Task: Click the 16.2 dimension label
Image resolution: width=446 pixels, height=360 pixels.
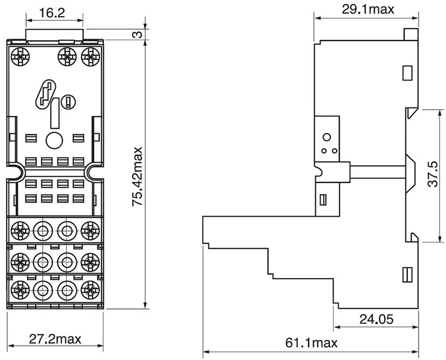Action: click(x=52, y=13)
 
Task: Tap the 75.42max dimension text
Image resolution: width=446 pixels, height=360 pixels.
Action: click(x=137, y=176)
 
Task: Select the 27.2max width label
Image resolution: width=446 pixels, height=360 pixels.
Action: click(x=55, y=339)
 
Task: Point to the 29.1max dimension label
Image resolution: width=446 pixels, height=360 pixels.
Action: click(x=368, y=10)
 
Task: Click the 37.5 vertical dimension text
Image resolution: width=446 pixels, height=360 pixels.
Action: click(x=433, y=174)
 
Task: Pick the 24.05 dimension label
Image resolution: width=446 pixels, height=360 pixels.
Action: click(x=376, y=319)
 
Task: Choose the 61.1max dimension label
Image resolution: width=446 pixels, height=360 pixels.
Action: click(x=312, y=343)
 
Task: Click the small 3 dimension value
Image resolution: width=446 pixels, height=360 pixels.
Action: click(x=137, y=34)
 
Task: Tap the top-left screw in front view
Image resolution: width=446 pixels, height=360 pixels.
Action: click(x=20, y=57)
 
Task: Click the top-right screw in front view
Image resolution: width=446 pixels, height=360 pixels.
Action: click(x=91, y=57)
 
